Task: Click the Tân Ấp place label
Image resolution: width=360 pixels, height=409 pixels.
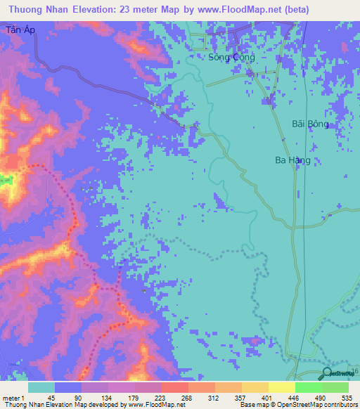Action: tap(20, 30)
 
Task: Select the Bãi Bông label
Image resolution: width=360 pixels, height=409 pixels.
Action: tap(310, 124)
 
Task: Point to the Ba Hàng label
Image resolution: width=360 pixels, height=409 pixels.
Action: tap(292, 160)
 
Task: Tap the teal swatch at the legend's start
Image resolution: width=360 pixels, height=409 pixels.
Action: tap(41, 387)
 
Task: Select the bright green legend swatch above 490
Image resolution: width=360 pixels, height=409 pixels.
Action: tap(308, 387)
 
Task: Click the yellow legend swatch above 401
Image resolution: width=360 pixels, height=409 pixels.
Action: tap(255, 387)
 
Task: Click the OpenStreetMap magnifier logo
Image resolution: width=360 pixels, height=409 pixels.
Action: tap(328, 373)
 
